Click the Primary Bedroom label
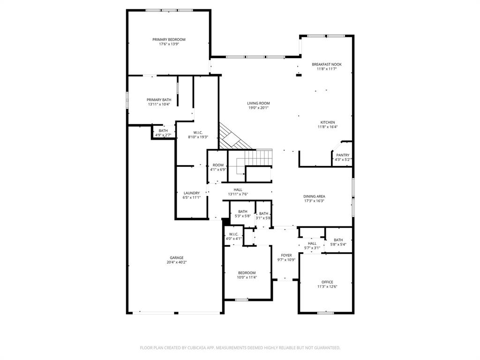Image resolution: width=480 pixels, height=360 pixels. click(x=169, y=39)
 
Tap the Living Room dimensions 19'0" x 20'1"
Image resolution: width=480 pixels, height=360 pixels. click(x=258, y=108)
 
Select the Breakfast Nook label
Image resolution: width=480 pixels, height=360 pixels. click(x=327, y=64)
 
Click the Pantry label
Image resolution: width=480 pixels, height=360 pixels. click(x=342, y=155)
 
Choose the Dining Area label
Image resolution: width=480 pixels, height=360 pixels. click(x=314, y=196)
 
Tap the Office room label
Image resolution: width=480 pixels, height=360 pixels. click(x=327, y=282)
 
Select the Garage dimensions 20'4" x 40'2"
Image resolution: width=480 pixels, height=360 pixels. click(x=176, y=262)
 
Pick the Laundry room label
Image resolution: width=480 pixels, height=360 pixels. click(x=191, y=193)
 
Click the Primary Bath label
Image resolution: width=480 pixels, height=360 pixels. click(x=159, y=100)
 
